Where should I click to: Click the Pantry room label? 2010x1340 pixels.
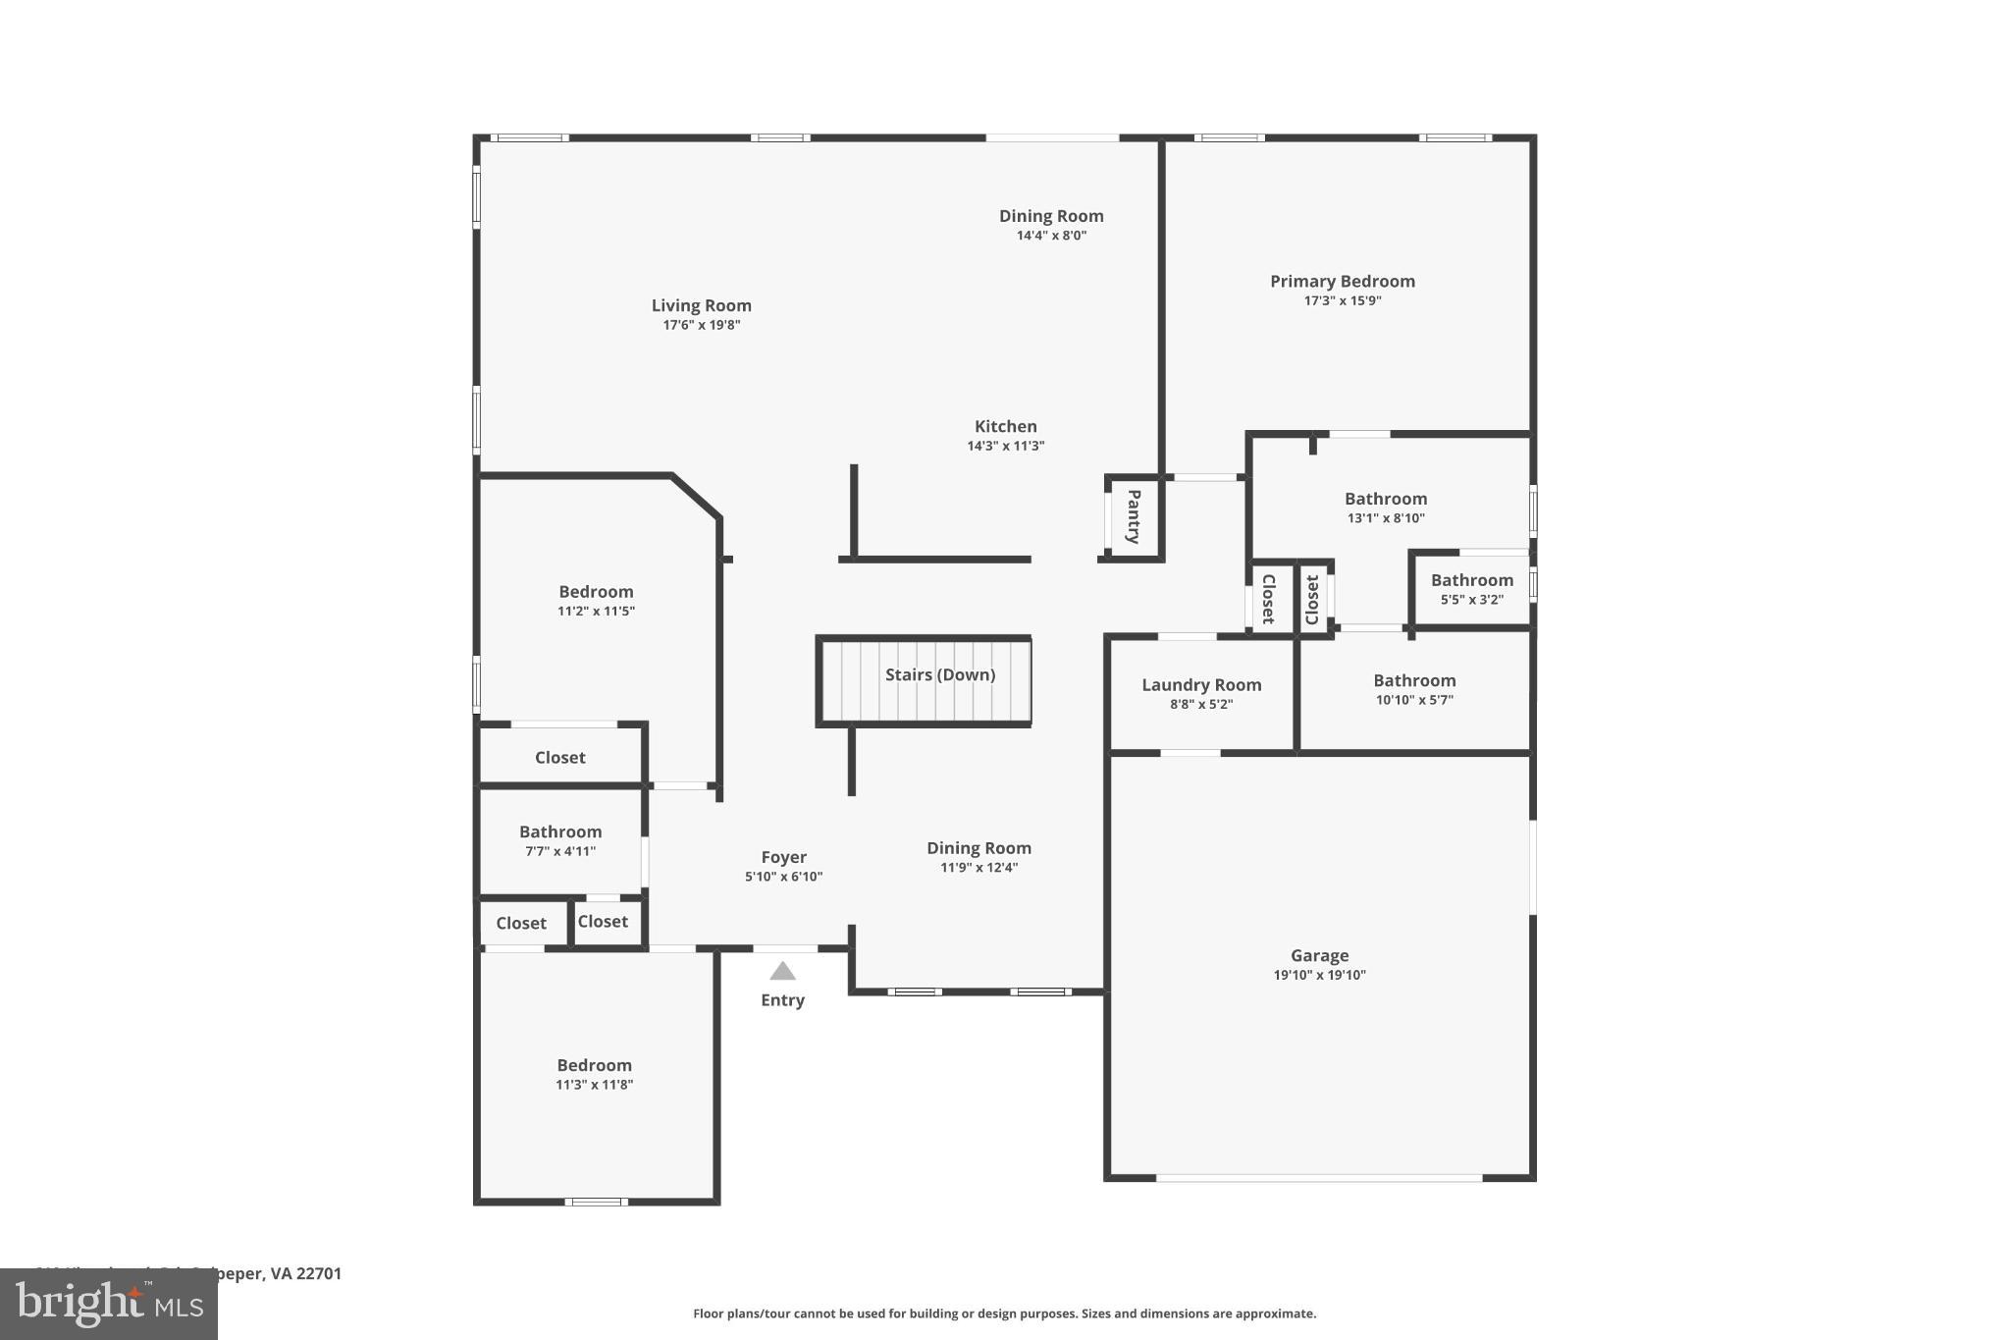click(x=1133, y=516)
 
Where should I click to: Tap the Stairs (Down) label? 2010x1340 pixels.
click(x=939, y=674)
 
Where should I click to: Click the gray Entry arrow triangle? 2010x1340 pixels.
click(x=782, y=972)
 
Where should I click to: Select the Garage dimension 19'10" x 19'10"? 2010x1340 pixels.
click(x=1319, y=975)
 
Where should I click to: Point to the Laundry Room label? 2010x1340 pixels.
click(x=1200, y=685)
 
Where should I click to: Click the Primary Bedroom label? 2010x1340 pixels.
click(x=1342, y=282)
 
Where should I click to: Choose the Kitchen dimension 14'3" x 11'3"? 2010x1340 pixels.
click(x=1005, y=446)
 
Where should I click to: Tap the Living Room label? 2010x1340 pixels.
click(x=701, y=306)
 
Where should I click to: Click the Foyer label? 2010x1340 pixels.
click(x=783, y=857)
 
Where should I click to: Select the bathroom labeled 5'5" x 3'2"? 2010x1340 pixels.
click(x=1471, y=580)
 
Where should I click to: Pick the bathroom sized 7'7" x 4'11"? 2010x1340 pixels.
click(x=559, y=832)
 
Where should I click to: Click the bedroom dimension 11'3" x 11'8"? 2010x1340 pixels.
click(x=594, y=1085)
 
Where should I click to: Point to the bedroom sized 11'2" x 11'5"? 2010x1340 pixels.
click(x=596, y=592)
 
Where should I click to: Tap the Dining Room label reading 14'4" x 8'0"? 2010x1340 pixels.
click(x=1051, y=216)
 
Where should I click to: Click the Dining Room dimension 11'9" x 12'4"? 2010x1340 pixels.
click(x=979, y=868)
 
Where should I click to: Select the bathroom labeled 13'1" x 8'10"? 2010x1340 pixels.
click(x=1385, y=499)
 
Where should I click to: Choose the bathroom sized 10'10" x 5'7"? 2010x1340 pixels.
click(x=1413, y=681)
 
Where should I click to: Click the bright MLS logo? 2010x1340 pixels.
click(x=109, y=1305)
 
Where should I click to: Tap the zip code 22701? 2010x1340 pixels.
click(x=319, y=1273)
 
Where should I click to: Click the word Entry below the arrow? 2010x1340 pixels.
click(x=782, y=1000)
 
